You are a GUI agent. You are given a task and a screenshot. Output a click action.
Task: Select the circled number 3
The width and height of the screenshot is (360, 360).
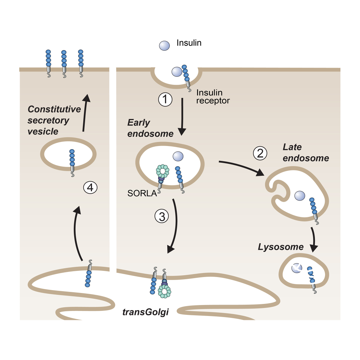click(162, 216)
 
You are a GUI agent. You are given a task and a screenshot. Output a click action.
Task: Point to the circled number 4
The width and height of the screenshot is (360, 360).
click(90, 187)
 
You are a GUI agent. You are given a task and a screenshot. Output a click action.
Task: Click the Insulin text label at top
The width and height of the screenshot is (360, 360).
click(189, 43)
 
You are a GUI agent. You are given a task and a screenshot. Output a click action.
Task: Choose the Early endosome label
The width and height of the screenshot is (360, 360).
click(150, 128)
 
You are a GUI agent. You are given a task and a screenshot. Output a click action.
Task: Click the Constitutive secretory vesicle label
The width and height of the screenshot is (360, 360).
click(54, 120)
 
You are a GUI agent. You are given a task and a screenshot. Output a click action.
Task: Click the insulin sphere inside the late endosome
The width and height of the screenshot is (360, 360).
click(300, 195)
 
